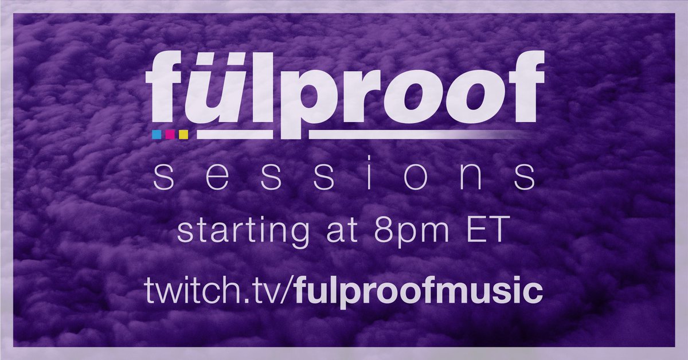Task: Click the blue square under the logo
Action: point(156,135)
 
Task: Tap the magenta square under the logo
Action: point(170,135)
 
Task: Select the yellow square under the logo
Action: point(183,135)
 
